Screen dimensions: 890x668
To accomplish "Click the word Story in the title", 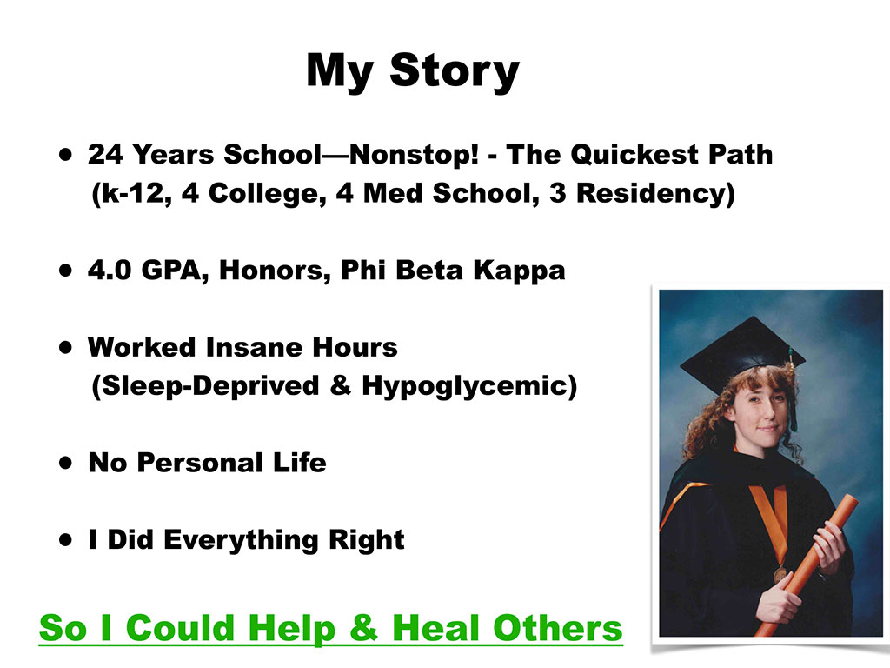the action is tap(454, 71).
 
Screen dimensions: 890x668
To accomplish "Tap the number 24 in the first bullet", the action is tap(105, 155).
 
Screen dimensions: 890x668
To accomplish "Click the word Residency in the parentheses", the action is tap(651, 193).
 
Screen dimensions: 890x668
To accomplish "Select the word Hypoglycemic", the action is tap(465, 387).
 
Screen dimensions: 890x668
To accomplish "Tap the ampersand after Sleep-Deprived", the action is tap(340, 385).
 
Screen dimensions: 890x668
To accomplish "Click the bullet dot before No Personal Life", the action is tap(66, 463).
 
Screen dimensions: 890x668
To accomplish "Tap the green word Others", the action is tap(558, 628).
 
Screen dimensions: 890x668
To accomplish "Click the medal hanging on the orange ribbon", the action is tap(780, 574).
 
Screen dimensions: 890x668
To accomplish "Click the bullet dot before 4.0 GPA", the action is tap(66, 270).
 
